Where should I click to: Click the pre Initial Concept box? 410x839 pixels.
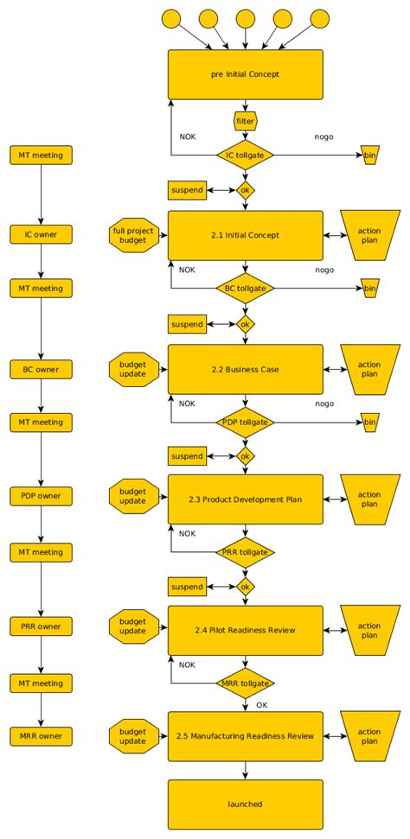point(245,74)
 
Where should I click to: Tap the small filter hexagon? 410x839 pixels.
point(246,121)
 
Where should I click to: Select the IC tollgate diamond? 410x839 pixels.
point(245,156)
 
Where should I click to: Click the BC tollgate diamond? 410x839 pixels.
point(245,289)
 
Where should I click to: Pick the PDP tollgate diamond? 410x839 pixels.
point(245,423)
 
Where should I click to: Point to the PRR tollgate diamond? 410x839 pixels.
point(245,552)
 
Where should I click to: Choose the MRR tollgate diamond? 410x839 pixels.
point(245,683)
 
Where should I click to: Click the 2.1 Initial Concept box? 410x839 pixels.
point(245,235)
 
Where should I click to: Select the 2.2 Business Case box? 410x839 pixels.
point(245,370)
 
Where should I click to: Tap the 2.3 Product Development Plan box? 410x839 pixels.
point(245,499)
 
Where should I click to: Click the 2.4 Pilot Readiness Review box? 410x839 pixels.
point(245,630)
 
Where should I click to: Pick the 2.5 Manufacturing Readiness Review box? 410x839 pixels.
point(245,736)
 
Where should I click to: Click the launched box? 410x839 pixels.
point(245,804)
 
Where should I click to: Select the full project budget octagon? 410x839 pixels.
point(132,235)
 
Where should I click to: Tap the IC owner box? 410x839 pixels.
point(42,234)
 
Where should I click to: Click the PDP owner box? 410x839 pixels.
point(42,496)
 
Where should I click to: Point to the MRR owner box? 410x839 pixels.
point(42,737)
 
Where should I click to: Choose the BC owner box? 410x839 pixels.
point(42,369)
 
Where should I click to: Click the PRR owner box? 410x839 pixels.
point(42,626)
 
